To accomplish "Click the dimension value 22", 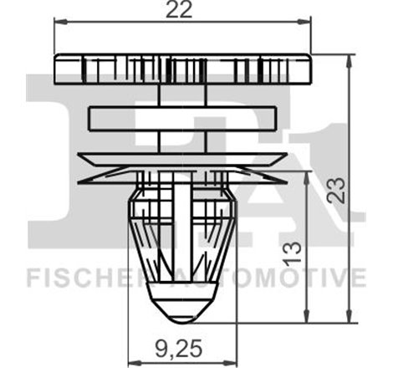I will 183,10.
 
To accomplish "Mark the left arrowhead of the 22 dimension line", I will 58,23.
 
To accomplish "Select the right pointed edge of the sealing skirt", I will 288,178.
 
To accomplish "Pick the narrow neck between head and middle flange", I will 183,95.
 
